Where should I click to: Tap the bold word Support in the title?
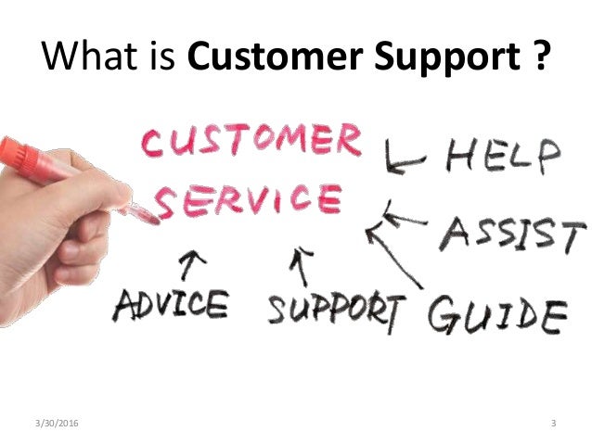pos(448,58)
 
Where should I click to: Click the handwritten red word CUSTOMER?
pos(250,142)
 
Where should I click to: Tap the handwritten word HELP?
pos(502,155)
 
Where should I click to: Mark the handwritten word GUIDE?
pos(495,312)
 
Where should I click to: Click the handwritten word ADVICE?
pos(170,303)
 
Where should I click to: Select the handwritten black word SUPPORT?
pos(336,307)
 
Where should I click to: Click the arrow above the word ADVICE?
pos(192,266)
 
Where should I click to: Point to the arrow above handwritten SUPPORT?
pos(299,266)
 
